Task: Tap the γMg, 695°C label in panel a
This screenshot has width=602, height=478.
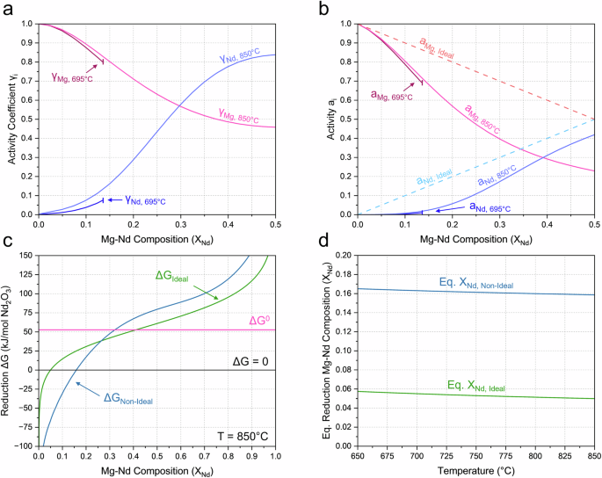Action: [72, 78]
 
